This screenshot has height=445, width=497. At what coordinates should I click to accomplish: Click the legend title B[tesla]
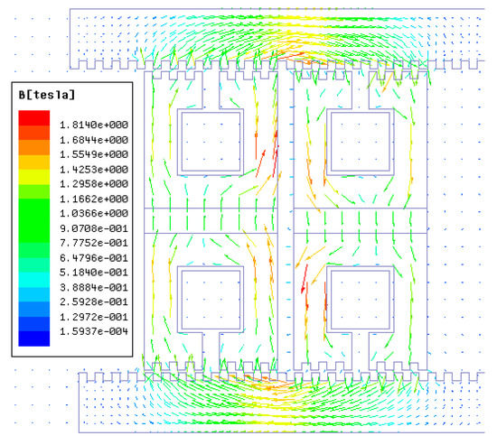47,95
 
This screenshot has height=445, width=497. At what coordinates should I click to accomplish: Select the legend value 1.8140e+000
94,125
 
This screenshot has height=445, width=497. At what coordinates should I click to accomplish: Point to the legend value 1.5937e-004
94,331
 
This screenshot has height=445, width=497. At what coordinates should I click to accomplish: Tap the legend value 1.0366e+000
94,213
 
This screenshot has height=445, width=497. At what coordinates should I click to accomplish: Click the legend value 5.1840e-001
94,273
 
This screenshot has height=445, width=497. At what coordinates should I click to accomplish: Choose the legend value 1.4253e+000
94,169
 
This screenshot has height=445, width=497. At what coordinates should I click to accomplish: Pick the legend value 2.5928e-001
94,301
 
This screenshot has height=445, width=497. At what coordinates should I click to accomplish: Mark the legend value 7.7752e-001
94,243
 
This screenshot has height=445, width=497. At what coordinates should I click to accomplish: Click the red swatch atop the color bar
34,118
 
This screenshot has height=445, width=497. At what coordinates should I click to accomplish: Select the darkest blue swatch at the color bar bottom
34,338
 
